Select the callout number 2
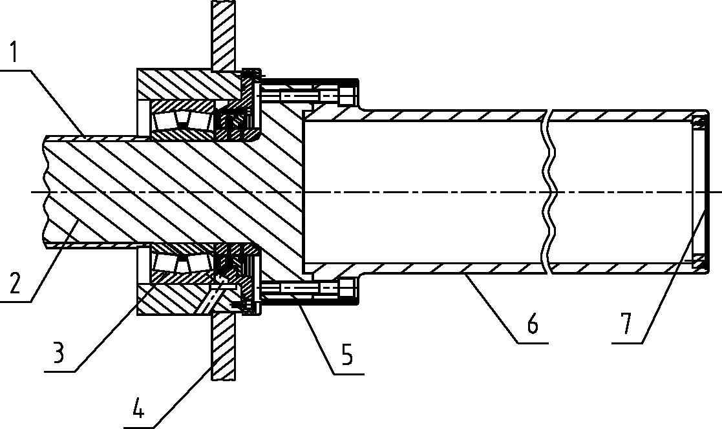pyautogui.click(x=15, y=282)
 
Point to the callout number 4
pyautogui.click(x=138, y=408)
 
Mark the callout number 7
pyautogui.click(x=626, y=324)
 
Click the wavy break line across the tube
pyautogui.click(x=549, y=192)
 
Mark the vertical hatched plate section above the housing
pyautogui.click(x=224, y=36)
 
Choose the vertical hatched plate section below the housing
pyautogui.click(x=224, y=346)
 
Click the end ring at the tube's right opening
pyautogui.click(x=700, y=192)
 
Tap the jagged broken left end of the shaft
pyautogui.click(x=45, y=192)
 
